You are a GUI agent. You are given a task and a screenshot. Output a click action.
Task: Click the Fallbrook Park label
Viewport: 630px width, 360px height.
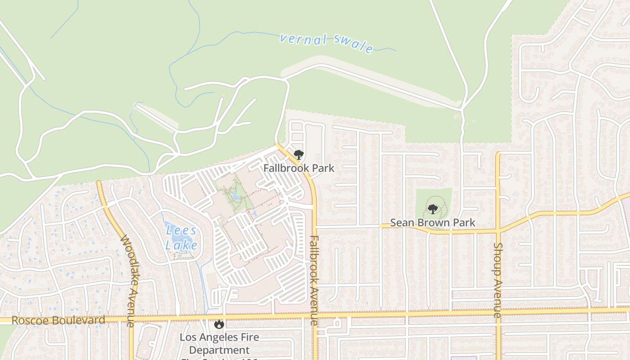(x=299, y=168)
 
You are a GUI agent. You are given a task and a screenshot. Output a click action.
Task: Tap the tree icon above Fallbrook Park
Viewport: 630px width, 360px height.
(x=298, y=155)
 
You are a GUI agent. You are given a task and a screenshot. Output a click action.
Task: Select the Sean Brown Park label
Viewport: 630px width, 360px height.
(x=432, y=223)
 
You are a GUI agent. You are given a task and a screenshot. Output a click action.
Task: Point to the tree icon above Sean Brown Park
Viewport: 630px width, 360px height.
(x=432, y=209)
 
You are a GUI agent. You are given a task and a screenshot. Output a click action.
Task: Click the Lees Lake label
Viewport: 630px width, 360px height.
(x=181, y=238)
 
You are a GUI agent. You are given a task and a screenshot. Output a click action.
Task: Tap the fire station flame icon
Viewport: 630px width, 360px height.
(x=219, y=324)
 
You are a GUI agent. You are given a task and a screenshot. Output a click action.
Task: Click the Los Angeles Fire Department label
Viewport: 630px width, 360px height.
(x=219, y=343)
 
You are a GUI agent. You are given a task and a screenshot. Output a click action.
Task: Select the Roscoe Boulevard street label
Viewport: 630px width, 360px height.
(x=58, y=320)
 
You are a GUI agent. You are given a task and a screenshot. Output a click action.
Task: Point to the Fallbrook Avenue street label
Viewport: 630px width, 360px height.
(x=314, y=280)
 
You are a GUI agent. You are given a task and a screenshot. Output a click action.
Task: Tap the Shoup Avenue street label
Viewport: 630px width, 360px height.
(x=498, y=280)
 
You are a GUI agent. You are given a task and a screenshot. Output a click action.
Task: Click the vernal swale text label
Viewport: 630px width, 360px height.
(x=327, y=42)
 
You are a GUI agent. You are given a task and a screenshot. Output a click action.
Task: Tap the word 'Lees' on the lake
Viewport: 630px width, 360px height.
(x=181, y=231)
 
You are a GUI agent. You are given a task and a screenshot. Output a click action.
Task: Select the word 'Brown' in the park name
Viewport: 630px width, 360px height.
(x=432, y=223)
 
